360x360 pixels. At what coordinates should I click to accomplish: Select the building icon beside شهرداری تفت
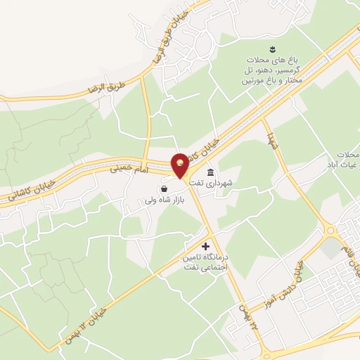210,173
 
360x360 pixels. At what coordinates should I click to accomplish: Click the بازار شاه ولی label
167,200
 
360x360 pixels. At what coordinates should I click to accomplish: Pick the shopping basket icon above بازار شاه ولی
164,188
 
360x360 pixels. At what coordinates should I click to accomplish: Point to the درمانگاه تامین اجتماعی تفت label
211,262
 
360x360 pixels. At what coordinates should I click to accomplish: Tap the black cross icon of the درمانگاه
205,246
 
